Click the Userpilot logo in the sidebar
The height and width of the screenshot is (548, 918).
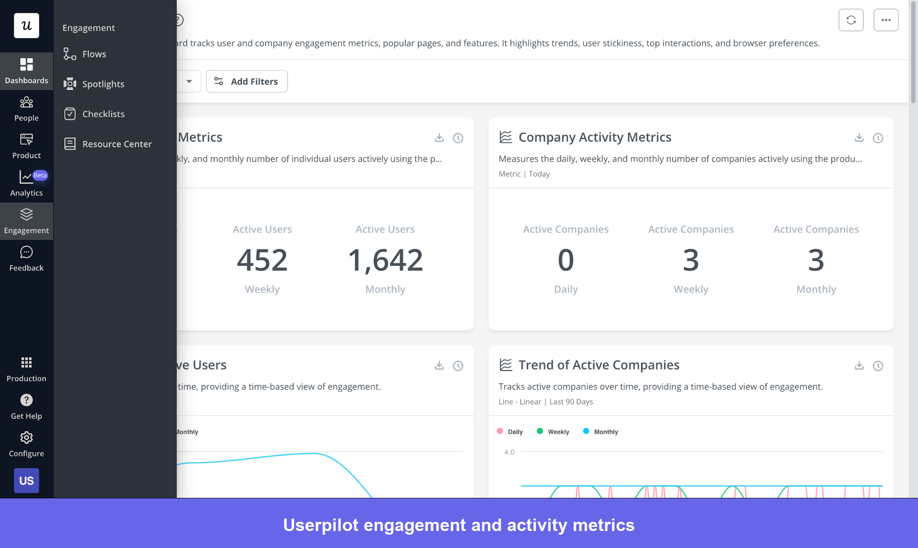pos(26,25)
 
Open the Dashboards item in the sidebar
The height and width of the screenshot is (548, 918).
pos(26,71)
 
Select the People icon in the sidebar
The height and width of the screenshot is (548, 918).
pos(26,102)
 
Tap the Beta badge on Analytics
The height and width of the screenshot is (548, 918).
pos(40,175)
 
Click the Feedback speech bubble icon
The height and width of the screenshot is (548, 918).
pos(26,252)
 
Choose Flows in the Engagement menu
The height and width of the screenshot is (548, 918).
pos(94,54)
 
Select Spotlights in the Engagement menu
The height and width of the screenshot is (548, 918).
pos(103,84)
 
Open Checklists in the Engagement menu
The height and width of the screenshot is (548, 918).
pos(103,114)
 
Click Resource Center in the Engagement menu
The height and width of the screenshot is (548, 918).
pos(117,144)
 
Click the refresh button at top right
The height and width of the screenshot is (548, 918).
pos(850,20)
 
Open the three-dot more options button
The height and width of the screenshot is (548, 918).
pos(885,20)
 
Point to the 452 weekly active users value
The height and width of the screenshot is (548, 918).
pos(262,260)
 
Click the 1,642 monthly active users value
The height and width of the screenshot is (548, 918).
pos(385,260)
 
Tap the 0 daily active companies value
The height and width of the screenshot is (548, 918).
pos(565,260)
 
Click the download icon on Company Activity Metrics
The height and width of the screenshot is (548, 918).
pos(859,137)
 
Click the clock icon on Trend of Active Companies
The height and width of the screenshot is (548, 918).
pos(878,365)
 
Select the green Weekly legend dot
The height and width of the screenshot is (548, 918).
pos(540,431)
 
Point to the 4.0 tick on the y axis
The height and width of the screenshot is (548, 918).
pos(509,452)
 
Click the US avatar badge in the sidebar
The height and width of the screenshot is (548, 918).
pos(26,480)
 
